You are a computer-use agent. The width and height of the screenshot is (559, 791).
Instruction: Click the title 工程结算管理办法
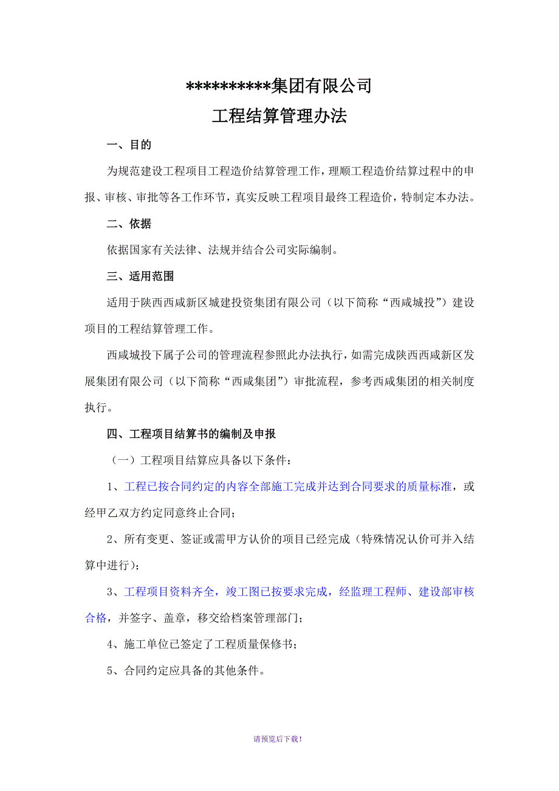click(x=279, y=116)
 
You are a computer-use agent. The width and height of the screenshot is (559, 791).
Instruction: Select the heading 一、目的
click(x=129, y=145)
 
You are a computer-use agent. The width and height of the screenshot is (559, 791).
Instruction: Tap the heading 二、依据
click(x=129, y=224)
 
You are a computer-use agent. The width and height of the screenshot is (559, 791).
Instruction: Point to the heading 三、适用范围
click(x=140, y=276)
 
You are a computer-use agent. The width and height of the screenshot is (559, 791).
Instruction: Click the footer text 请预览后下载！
click(x=278, y=739)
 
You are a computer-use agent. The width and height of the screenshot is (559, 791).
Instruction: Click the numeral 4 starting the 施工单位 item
click(x=110, y=645)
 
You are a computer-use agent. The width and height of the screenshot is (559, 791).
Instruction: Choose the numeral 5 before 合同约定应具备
click(x=110, y=671)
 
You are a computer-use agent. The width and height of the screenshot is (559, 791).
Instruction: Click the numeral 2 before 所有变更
click(x=110, y=539)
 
